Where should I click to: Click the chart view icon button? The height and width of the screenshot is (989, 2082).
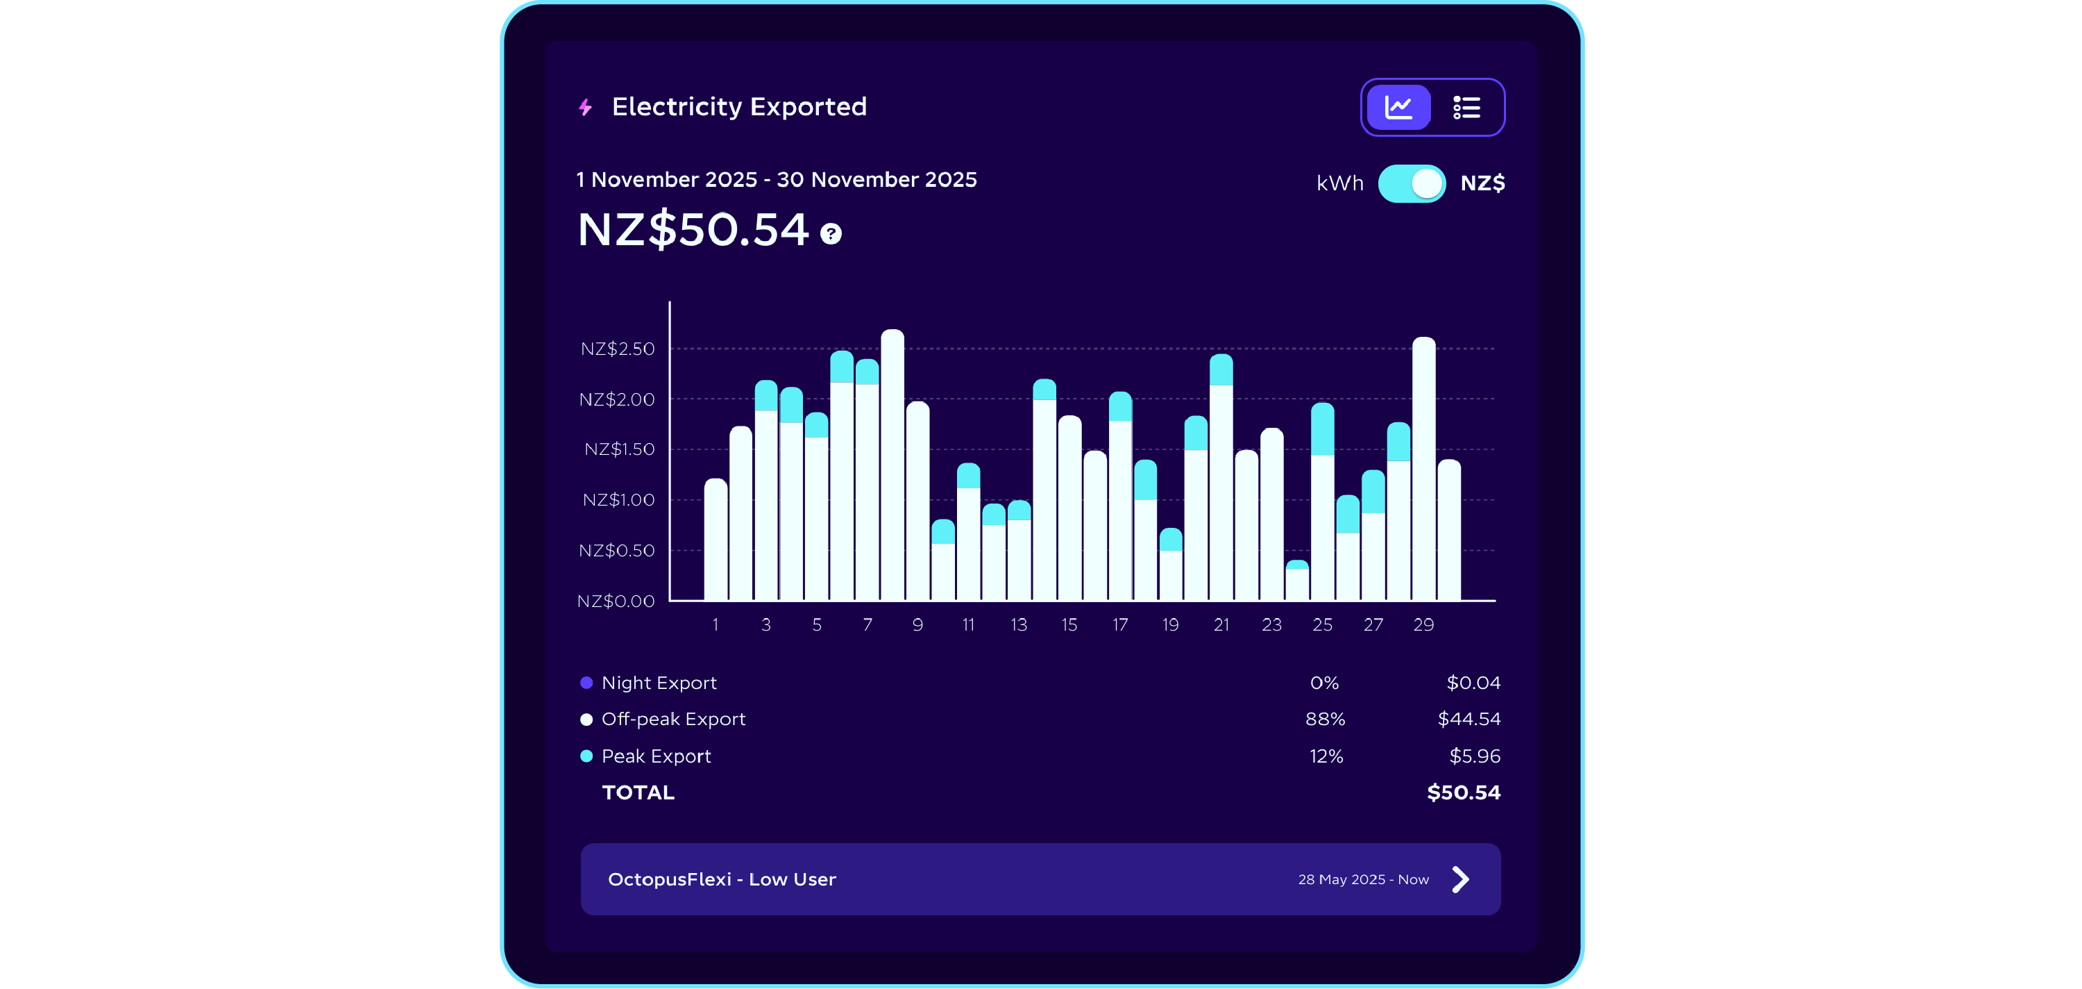coord(1398,108)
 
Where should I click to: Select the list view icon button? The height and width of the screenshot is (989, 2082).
coord(1466,108)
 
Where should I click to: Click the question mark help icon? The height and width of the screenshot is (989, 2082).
coord(831,233)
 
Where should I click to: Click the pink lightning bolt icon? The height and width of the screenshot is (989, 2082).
coord(586,108)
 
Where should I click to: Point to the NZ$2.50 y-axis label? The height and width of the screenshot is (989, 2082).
coord(618,349)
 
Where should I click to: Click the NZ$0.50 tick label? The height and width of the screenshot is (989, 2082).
coord(617,551)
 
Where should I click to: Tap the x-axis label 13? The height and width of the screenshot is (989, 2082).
coord(1018,624)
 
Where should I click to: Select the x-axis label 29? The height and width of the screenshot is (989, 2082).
coord(1423,624)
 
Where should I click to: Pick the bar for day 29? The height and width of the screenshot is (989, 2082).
coord(1423,469)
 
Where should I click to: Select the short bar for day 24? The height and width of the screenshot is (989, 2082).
coord(1297,581)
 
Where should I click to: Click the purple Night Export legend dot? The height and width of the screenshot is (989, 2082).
coord(586,683)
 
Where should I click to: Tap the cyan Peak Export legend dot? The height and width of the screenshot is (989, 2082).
coord(586,756)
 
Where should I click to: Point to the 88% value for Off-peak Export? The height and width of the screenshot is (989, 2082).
coord(1325,719)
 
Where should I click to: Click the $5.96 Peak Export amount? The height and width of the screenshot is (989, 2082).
coord(1474,756)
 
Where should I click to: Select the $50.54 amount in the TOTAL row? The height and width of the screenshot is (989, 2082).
coord(1463,792)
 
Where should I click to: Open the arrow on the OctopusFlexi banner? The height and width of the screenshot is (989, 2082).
coord(1459,879)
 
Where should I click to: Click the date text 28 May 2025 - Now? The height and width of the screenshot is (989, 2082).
coord(1363,879)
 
